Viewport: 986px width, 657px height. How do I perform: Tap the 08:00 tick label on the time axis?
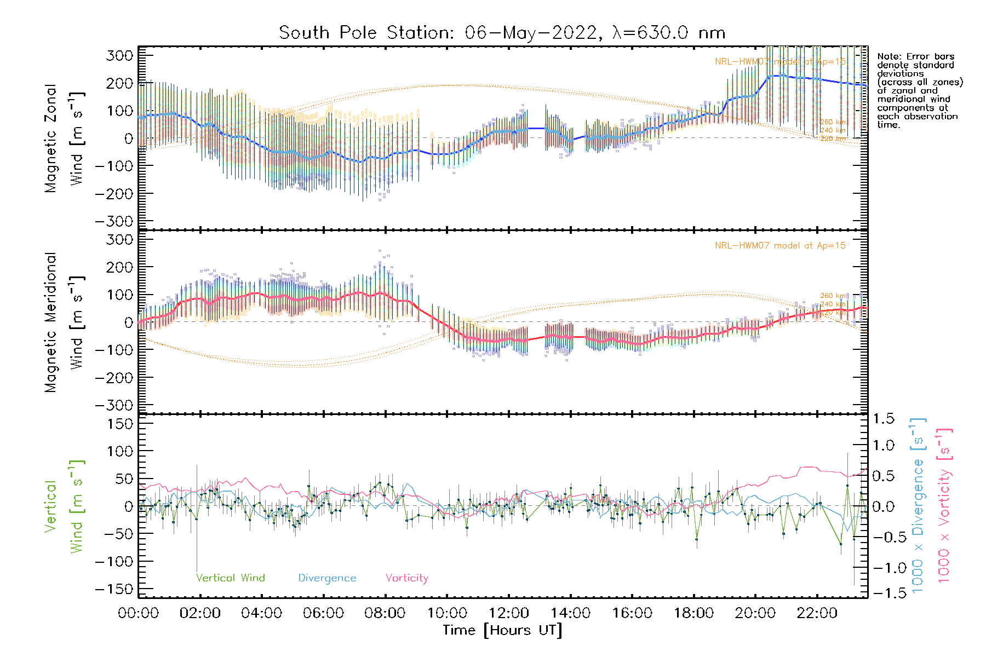click(x=385, y=613)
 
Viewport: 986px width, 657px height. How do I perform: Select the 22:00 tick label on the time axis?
click(x=817, y=613)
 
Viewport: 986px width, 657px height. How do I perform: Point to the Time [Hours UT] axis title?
click(x=502, y=630)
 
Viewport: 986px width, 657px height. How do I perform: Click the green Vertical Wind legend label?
click(x=230, y=578)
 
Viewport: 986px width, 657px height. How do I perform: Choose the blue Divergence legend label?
click(x=327, y=578)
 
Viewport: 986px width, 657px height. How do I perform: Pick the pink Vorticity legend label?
click(x=406, y=578)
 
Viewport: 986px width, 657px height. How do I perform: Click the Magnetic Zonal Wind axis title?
click(x=64, y=139)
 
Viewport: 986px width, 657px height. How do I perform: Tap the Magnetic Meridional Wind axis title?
click(x=64, y=322)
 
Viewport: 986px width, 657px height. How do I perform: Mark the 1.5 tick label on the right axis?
click(x=883, y=419)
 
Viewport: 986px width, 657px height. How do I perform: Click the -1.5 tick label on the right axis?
click(x=883, y=593)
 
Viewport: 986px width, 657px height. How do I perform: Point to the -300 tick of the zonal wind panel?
click(x=114, y=222)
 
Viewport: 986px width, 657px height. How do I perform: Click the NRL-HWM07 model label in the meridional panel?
click(x=780, y=246)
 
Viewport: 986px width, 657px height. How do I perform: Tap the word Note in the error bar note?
click(x=888, y=56)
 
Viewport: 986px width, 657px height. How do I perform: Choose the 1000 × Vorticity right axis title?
click(x=944, y=505)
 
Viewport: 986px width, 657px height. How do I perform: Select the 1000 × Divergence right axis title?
click(x=918, y=505)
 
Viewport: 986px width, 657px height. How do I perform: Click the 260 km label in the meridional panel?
click(x=833, y=296)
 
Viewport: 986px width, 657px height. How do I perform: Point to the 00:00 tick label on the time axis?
click(x=139, y=613)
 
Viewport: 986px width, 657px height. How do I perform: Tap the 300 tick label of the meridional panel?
click(x=119, y=240)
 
